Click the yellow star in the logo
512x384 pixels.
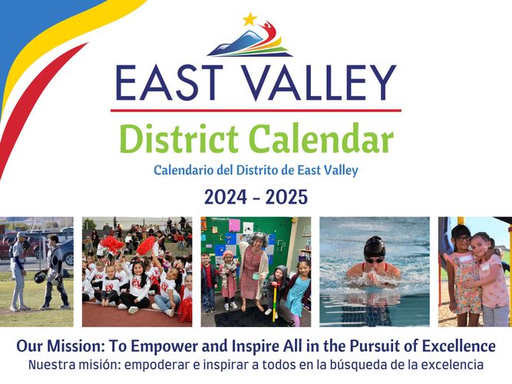click(x=249, y=20)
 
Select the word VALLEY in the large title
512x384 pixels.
click(x=320, y=83)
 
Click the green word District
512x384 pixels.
click(x=179, y=138)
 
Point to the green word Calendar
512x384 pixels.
click(x=322, y=138)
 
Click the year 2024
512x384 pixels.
click(x=226, y=197)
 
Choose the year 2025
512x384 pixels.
click(x=286, y=197)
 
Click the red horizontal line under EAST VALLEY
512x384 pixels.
click(x=256, y=111)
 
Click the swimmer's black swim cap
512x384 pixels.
click(x=375, y=248)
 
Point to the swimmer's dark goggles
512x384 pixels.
click(x=375, y=260)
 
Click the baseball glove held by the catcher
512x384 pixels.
click(x=40, y=276)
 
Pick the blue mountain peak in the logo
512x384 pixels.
click(x=249, y=34)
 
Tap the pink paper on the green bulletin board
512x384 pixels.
click(x=234, y=225)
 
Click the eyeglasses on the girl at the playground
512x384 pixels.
click(x=462, y=239)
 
